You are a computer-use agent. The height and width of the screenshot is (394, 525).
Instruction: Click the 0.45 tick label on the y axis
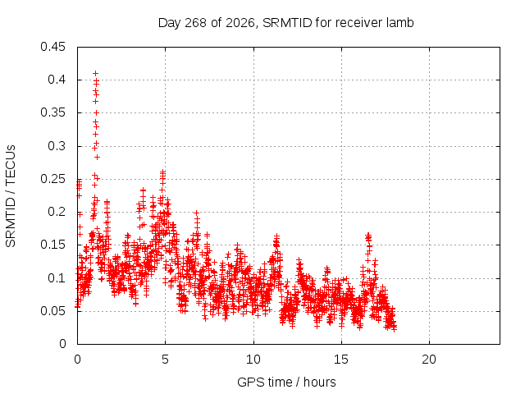pos(52,47)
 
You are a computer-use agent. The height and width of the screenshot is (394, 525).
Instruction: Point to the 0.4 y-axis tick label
pos(57,80)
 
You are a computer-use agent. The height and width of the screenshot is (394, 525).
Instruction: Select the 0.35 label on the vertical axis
pos(52,113)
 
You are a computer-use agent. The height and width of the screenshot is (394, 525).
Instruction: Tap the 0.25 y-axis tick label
pos(52,179)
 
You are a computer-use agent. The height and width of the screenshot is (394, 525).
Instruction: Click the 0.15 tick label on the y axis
pos(52,245)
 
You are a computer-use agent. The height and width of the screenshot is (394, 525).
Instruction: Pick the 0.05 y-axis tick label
pos(52,311)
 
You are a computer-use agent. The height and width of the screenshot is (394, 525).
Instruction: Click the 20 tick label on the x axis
pos(429,360)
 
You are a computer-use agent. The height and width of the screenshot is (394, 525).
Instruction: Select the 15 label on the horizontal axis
pos(341,360)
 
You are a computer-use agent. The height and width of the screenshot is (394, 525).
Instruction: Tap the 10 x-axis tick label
pos(253,360)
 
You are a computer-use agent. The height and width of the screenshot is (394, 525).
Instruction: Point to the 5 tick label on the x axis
pos(166,360)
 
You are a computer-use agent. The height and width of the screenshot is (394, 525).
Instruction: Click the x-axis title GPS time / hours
pos(286,383)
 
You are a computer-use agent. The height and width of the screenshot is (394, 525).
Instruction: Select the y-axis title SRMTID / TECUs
pos(11,196)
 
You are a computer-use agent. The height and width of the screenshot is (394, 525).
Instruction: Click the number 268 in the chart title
pos(195,23)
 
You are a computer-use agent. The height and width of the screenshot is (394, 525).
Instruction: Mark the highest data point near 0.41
pos(95,73)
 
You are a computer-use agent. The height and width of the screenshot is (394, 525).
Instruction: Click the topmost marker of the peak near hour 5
pos(162,172)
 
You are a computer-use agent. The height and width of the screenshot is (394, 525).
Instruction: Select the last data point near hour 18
pos(394,329)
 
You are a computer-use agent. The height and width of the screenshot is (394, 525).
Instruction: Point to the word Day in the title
pos(170,23)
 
